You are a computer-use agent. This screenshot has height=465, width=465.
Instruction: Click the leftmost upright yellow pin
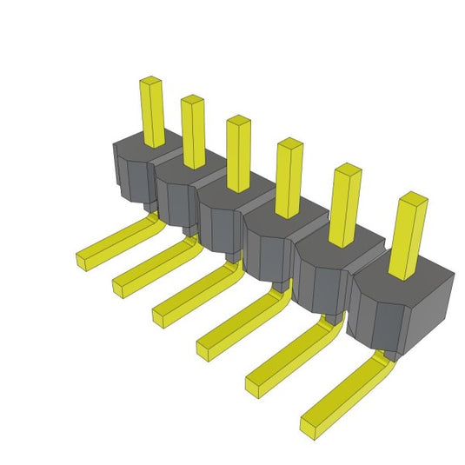(152, 111)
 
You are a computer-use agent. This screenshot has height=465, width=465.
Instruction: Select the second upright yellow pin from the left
(193, 130)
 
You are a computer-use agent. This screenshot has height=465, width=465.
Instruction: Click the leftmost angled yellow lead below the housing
(113, 242)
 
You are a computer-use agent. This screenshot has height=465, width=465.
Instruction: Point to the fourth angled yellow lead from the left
(239, 322)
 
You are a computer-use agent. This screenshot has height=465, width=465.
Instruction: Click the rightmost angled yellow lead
(343, 395)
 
